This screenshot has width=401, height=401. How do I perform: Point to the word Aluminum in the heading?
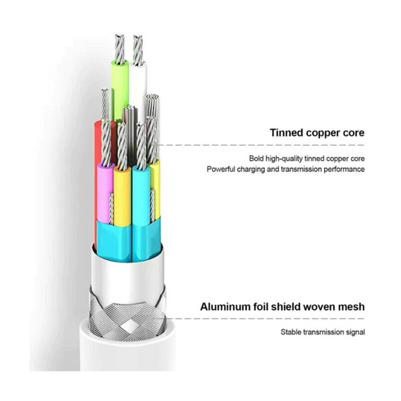tap(228, 307)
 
